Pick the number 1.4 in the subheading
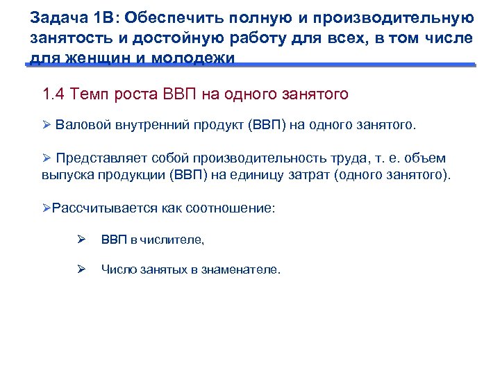tap(53, 94)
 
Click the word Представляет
tap(102, 158)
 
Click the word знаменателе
tap(241, 269)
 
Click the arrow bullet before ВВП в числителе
tap(81, 239)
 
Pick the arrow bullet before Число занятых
tap(81, 269)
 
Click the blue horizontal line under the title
tap(250, 65)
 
